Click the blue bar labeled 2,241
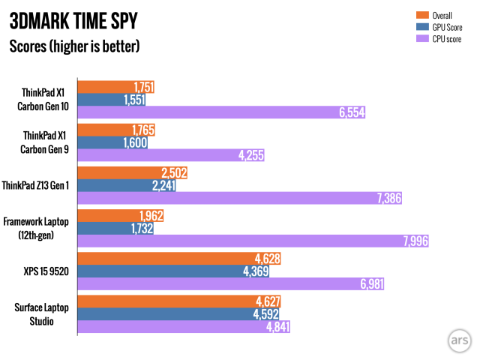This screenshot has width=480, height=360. click(x=127, y=185)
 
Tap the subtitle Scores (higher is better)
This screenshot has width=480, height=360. click(x=74, y=46)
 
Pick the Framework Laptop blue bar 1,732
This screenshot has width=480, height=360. click(x=115, y=228)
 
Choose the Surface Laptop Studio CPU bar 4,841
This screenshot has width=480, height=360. click(x=184, y=327)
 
